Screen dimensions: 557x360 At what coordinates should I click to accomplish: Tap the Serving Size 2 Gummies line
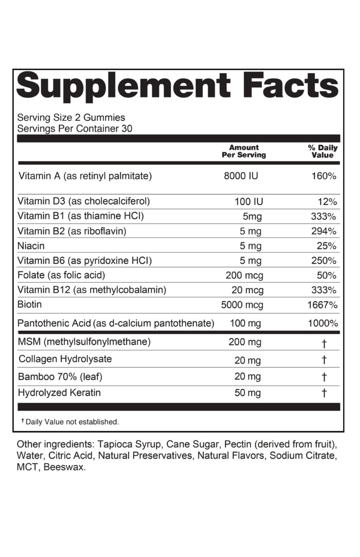tap(71, 118)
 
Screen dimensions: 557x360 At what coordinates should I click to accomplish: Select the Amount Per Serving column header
tap(244, 151)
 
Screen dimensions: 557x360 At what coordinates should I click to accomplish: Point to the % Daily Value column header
tap(322, 151)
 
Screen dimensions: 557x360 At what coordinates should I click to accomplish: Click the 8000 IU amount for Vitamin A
tap(241, 177)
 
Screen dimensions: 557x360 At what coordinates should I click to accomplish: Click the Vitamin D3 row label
tap(84, 201)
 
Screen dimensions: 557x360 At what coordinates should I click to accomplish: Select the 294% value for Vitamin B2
tap(324, 231)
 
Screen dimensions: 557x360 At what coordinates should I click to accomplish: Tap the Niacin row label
tap(31, 246)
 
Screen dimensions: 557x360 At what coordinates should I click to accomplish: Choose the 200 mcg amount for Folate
tap(244, 275)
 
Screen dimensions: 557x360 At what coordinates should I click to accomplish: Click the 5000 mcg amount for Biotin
tap(242, 305)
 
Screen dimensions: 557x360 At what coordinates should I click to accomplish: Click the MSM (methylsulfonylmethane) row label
tap(84, 342)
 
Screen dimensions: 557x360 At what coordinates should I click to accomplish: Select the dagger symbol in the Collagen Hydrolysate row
tap(324, 360)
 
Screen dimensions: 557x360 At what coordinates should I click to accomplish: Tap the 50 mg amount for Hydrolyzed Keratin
tap(247, 393)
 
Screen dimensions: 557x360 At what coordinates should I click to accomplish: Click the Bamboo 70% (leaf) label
tap(60, 377)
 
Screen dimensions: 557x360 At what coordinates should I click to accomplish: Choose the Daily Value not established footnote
tap(70, 422)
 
